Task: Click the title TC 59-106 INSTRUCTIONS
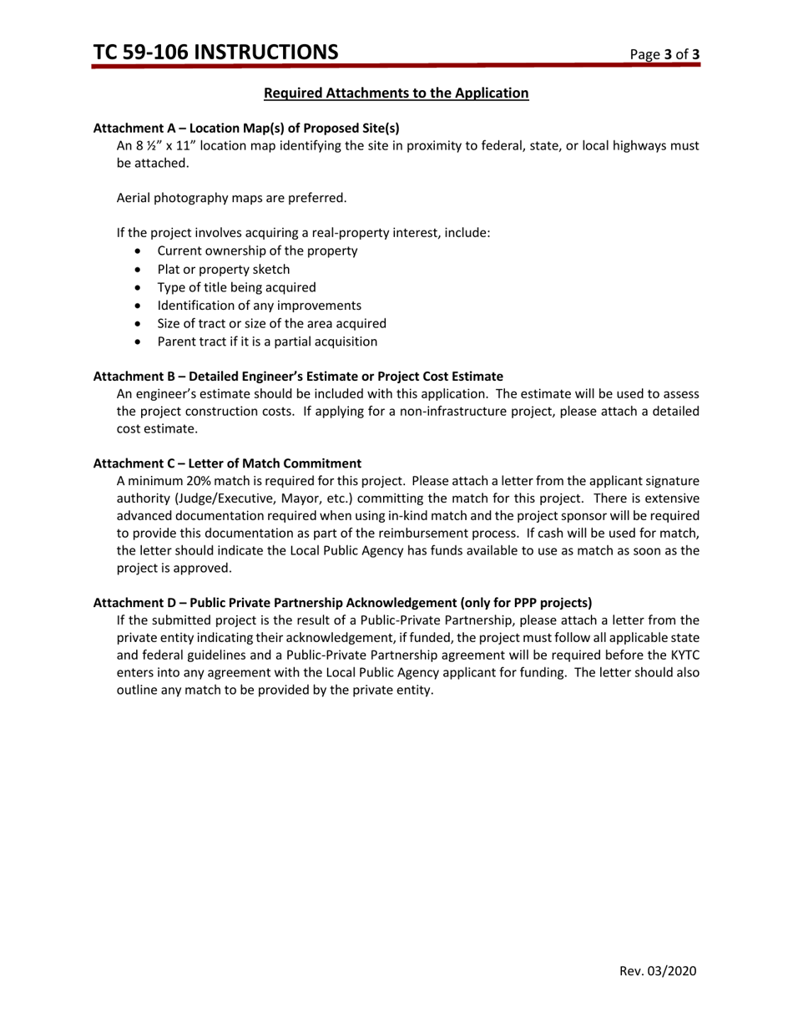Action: click(x=215, y=53)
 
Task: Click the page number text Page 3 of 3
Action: click(x=664, y=55)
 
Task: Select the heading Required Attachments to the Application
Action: click(x=396, y=93)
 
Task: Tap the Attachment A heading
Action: click(x=246, y=128)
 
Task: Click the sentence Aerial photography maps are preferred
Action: click(x=231, y=198)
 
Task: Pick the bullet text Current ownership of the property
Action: click(x=257, y=250)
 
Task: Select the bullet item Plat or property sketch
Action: click(x=224, y=269)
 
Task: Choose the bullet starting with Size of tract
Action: click(x=271, y=323)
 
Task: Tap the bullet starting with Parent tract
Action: click(x=267, y=341)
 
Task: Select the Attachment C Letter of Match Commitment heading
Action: click(x=227, y=463)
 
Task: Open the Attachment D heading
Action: click(x=342, y=602)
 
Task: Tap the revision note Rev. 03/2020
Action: click(x=657, y=971)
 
